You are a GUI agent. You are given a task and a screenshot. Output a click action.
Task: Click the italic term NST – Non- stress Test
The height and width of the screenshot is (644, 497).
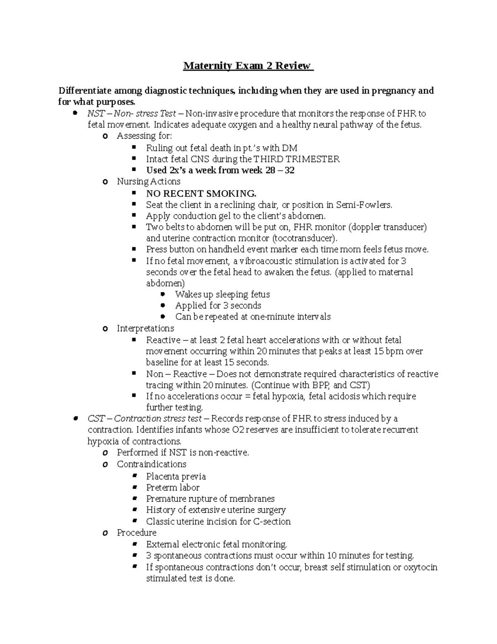(132, 114)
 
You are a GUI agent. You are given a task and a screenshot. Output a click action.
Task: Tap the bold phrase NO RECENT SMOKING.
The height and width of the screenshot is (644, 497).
(201, 194)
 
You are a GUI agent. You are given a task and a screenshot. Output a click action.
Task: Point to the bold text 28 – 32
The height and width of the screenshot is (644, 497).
(280, 170)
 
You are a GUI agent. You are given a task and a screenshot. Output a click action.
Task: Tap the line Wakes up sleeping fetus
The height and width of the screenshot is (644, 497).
(222, 294)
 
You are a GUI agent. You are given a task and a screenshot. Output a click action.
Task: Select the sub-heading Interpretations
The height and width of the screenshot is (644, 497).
(145, 328)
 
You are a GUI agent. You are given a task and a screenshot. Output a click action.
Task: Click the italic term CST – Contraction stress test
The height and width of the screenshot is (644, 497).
(145, 418)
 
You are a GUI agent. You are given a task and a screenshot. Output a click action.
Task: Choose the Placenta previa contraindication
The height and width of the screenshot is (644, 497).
(176, 476)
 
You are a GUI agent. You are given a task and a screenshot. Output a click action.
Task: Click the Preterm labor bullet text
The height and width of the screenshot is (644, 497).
(173, 488)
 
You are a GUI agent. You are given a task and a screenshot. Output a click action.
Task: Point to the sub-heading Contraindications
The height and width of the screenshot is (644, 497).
(152, 464)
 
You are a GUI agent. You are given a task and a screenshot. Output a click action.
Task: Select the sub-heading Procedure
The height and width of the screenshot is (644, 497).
(137, 532)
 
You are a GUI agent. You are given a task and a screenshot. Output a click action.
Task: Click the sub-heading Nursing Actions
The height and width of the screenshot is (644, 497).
(149, 182)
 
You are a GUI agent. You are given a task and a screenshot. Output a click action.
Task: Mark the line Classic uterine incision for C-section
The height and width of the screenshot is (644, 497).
(218, 522)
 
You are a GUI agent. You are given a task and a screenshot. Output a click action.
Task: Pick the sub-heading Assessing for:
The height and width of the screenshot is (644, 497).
(144, 136)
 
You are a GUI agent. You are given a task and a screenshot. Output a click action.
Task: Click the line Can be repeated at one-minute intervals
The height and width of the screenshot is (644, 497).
(253, 317)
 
